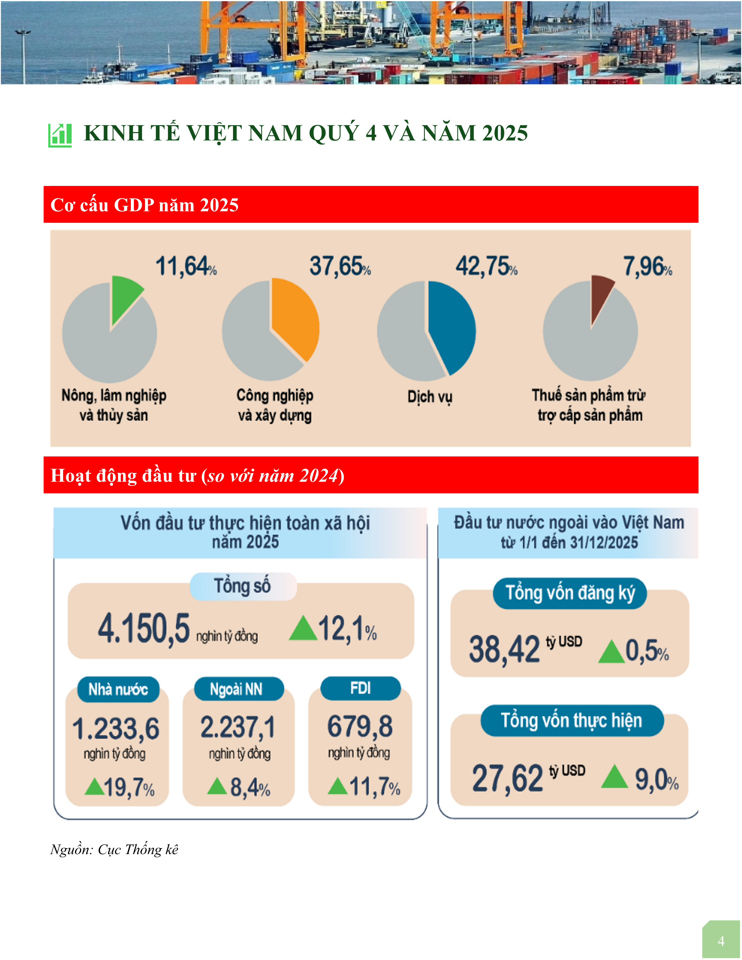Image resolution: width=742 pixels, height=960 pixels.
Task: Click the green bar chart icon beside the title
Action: click(60, 135)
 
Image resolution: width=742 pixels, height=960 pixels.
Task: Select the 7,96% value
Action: click(647, 266)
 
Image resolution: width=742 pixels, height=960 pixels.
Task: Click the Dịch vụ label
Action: click(429, 397)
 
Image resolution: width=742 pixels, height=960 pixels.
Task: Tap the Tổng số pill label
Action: click(243, 586)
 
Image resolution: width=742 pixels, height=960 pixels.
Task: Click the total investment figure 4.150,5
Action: click(144, 629)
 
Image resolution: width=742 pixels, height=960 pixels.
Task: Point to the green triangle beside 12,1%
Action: click(303, 629)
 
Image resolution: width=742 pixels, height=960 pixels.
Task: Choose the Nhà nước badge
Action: click(118, 689)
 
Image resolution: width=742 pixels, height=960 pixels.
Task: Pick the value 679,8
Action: click(360, 726)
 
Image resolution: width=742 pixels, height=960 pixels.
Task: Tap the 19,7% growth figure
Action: click(129, 787)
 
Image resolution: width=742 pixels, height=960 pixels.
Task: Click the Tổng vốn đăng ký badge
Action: click(570, 593)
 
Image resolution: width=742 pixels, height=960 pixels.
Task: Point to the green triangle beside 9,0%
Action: click(615, 777)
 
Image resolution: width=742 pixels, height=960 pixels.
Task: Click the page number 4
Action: click(721, 941)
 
